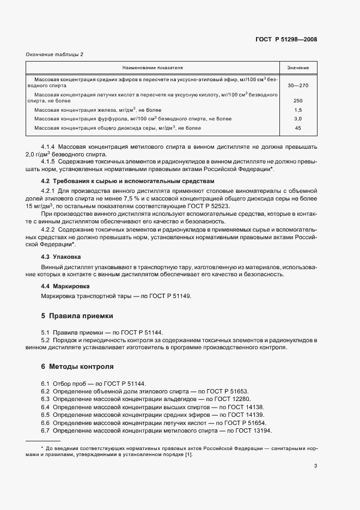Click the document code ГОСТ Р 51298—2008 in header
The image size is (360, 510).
click(x=286, y=39)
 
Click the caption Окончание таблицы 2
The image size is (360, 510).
click(x=55, y=54)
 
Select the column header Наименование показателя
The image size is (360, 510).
click(x=152, y=68)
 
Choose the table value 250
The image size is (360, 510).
click(x=298, y=101)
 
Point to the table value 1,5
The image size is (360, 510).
click(x=298, y=110)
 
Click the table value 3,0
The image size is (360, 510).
click(x=298, y=119)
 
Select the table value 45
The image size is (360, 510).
click(x=298, y=128)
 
